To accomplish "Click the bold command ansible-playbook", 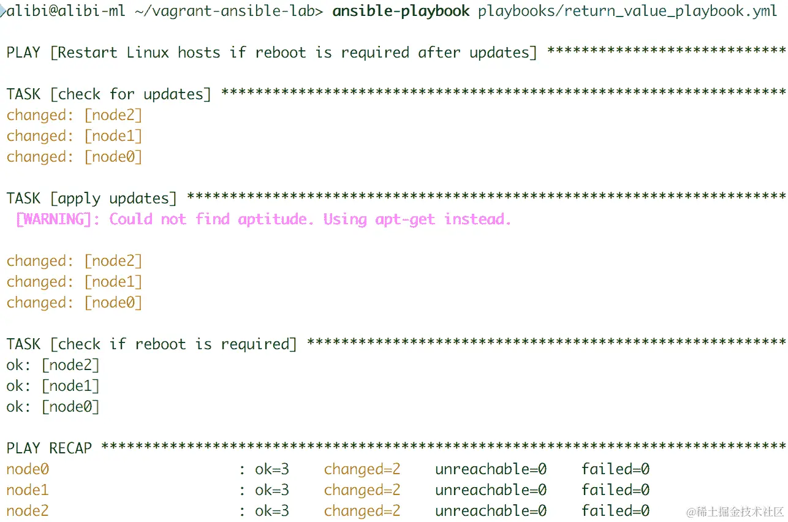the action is (x=401, y=11).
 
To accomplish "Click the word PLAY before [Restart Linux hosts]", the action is (x=23, y=53).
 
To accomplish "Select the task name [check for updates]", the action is (x=131, y=94).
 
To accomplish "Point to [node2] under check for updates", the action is (x=113, y=115).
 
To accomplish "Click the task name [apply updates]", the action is (x=113, y=199).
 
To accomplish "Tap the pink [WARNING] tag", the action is (x=53, y=219).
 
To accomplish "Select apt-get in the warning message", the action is (x=405, y=219).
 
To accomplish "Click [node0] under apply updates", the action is (x=113, y=303).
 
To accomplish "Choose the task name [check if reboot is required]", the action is (x=173, y=344).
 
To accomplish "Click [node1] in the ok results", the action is (x=70, y=386).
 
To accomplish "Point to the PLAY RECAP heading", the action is (x=49, y=448).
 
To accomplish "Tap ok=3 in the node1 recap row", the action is (x=272, y=490).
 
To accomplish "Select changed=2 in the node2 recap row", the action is (x=362, y=511).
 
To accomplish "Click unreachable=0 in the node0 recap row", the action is (x=490, y=469).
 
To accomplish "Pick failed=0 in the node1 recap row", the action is (x=615, y=490).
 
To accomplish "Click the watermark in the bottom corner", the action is (x=735, y=511).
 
